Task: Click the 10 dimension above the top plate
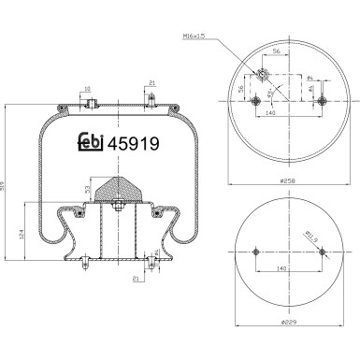[x=88, y=91]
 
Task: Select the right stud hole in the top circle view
[x=321, y=100]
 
